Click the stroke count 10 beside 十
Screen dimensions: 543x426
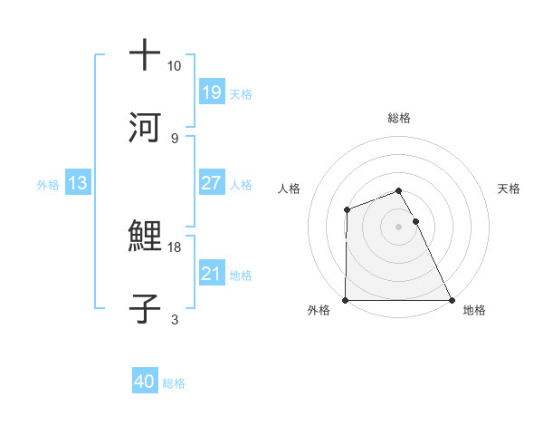[175, 66]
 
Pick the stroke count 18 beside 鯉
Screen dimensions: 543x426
[175, 247]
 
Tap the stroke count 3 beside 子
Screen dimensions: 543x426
[174, 319]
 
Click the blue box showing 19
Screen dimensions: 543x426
[211, 92]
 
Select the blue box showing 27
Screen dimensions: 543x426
[211, 183]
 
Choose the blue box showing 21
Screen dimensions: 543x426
[211, 274]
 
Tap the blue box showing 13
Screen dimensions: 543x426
[77, 184]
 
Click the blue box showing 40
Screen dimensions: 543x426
[145, 382]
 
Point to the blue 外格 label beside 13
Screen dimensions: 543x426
[48, 185]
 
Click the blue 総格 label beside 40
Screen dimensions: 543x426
[174, 383]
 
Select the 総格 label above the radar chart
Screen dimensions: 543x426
[399, 118]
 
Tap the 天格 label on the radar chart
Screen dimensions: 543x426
[510, 189]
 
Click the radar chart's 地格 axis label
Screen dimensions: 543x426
[474, 311]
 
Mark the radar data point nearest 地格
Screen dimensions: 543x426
[452, 300]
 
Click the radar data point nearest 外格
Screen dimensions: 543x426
[346, 300]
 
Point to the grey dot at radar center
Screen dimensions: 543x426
[399, 227]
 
